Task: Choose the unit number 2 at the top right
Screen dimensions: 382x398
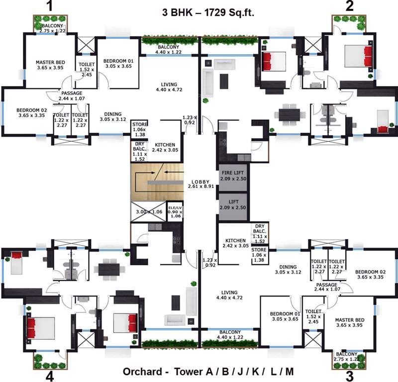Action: click(x=350, y=6)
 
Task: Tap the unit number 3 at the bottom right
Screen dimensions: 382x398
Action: click(x=350, y=375)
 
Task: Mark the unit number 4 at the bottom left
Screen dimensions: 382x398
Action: click(x=49, y=375)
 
